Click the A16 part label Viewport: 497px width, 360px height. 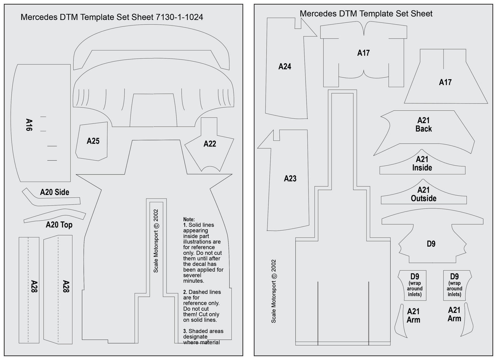pyautogui.click(x=29, y=125)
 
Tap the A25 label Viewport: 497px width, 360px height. pyautogui.click(x=93, y=141)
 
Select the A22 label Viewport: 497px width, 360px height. pyautogui.click(x=210, y=144)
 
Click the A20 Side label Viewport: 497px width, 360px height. pyautogui.click(x=55, y=192)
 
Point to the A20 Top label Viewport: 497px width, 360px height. pyautogui.click(x=59, y=225)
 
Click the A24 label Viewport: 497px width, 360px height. pyautogui.click(x=285, y=67)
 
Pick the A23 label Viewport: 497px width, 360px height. pyautogui.click(x=290, y=178)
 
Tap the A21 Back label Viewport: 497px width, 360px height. pyautogui.click(x=423, y=125)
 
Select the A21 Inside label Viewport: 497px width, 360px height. pyautogui.click(x=422, y=163)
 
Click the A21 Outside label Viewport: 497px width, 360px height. pyautogui.click(x=423, y=194)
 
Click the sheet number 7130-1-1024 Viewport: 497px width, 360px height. pyautogui.click(x=179, y=17)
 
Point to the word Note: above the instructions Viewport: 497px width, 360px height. pyautogui.click(x=189, y=219)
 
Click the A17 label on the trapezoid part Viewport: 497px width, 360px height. pyautogui.click(x=445, y=83)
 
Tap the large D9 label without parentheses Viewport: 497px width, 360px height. pyautogui.click(x=431, y=244)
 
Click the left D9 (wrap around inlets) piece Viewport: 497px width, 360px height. pyautogui.click(x=412, y=285)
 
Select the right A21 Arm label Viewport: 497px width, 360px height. pyautogui.click(x=454, y=314)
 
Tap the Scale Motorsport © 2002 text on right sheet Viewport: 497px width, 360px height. pyautogui.click(x=273, y=291)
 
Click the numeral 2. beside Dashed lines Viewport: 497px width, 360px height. pyautogui.click(x=185, y=292)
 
